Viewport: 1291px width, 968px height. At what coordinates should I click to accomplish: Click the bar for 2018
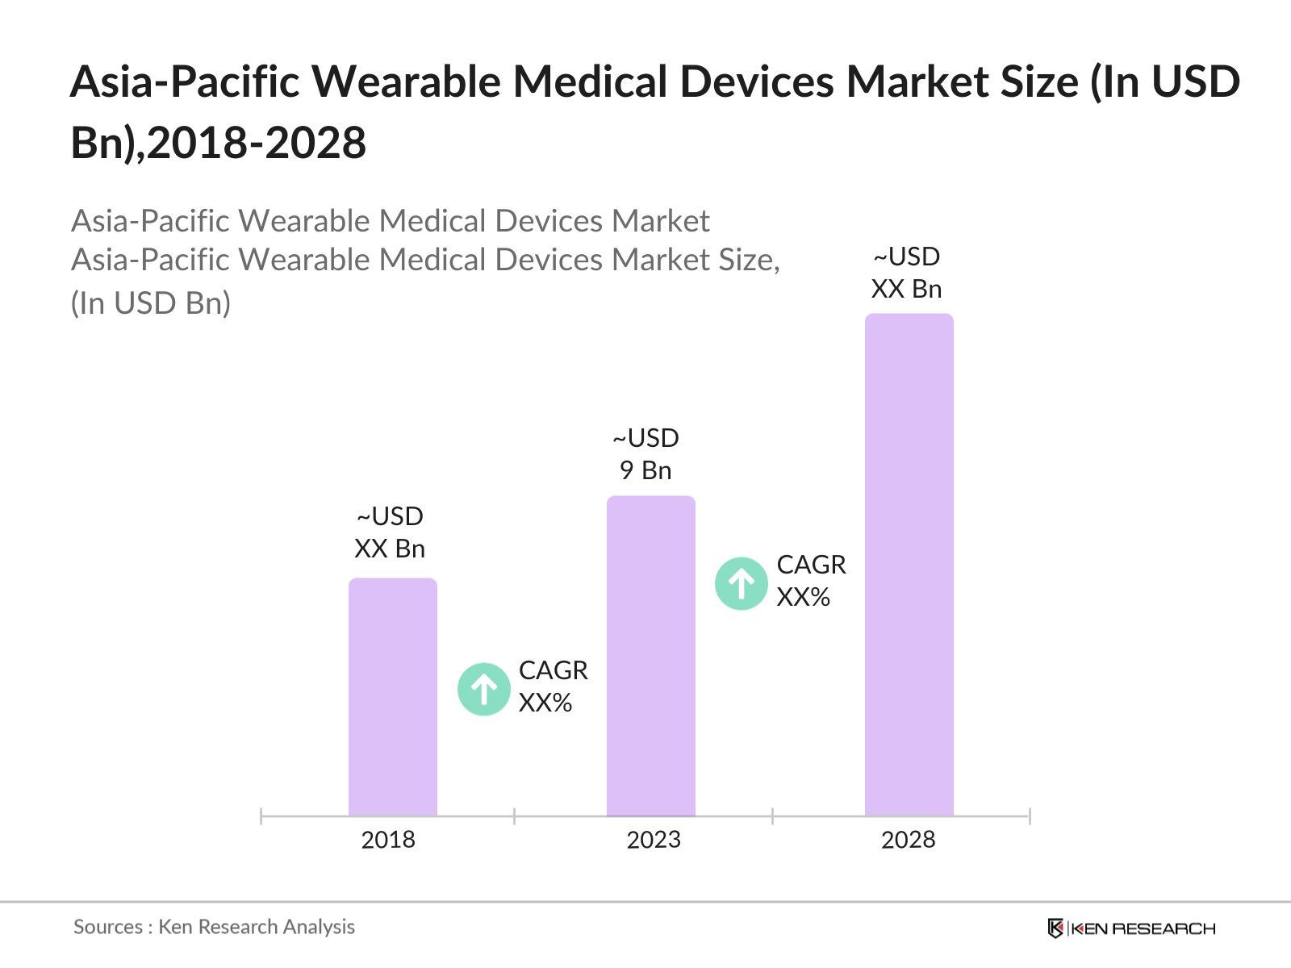click(393, 697)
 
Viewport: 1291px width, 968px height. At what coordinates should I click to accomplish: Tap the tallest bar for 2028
click(909, 565)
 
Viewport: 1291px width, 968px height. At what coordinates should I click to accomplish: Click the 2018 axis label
click(388, 840)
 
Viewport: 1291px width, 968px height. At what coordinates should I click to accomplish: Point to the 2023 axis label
click(654, 840)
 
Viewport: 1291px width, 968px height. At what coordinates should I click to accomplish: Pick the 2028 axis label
click(909, 840)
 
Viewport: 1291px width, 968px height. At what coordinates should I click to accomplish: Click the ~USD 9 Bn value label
click(645, 454)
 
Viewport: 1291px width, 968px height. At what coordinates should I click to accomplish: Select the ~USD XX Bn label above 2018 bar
click(390, 532)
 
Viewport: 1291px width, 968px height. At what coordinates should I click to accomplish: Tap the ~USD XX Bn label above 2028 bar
click(907, 273)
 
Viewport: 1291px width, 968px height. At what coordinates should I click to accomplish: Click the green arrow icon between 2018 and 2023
click(484, 689)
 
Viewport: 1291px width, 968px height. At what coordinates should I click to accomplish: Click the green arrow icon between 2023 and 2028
click(742, 583)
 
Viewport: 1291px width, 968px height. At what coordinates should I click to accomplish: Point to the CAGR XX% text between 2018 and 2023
click(553, 686)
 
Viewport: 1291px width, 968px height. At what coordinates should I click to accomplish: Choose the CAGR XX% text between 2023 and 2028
click(811, 581)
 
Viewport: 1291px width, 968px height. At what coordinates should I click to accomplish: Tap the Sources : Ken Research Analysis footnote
click(214, 927)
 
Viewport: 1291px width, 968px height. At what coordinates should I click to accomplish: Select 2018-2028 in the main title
click(257, 144)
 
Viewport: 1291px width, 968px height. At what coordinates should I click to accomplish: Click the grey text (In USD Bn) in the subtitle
click(151, 303)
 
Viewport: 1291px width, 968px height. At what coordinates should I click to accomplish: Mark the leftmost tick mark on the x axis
click(261, 816)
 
